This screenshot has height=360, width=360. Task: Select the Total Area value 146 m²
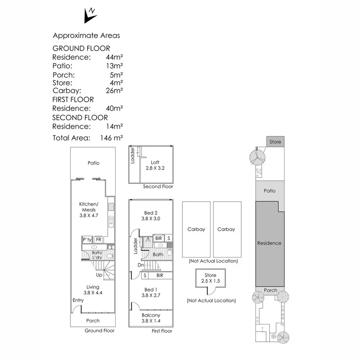click(x=111, y=138)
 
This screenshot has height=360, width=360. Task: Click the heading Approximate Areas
click(x=86, y=36)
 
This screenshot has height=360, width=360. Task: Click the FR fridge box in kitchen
click(x=98, y=239)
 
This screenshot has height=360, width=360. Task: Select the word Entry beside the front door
click(x=78, y=300)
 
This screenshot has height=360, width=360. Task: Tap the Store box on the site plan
click(x=275, y=142)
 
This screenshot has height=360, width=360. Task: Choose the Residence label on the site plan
click(x=269, y=243)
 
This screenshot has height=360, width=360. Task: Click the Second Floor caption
click(x=158, y=186)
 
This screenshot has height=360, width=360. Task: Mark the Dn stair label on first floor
click(x=141, y=265)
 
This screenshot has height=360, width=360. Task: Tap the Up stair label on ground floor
click(x=99, y=275)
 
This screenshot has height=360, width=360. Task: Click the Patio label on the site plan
click(x=270, y=191)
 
